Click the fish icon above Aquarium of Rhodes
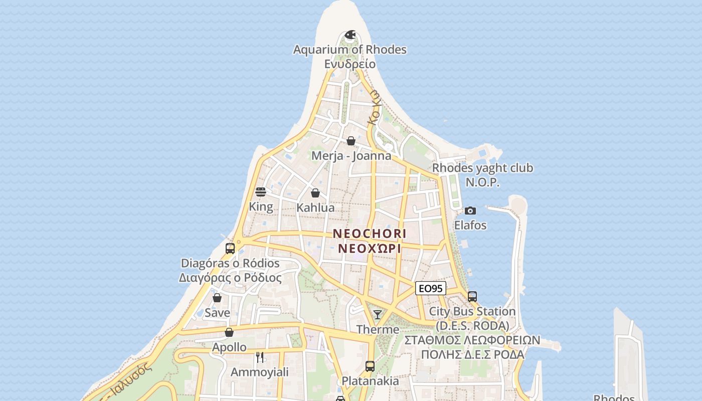[x=350, y=35]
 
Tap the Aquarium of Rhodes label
[x=349, y=50]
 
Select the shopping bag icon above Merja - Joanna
[x=351, y=141]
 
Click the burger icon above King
[x=261, y=192]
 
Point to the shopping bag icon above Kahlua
[x=315, y=193]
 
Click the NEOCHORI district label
[x=370, y=234]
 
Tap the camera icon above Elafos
[x=470, y=211]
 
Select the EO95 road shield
[x=431, y=288]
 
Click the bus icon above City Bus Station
[x=472, y=297]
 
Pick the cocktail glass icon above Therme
[x=378, y=315]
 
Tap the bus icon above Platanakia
[x=370, y=366]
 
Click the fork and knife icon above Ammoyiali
[x=259, y=357]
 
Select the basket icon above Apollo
[x=229, y=332]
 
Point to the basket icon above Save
[x=217, y=298]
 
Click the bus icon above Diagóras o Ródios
[x=230, y=248]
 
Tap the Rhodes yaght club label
[x=482, y=168]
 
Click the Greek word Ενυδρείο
[x=349, y=64]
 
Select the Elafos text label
[x=470, y=225]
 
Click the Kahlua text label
[x=315, y=208]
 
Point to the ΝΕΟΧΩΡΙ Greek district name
[x=370, y=248]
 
